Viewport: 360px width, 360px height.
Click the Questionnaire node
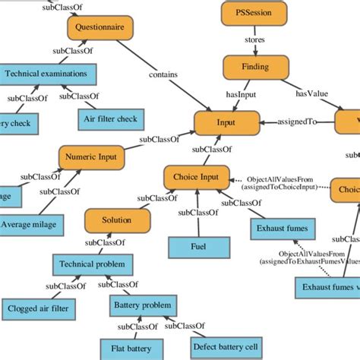click(100, 29)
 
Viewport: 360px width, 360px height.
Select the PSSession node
click(254, 13)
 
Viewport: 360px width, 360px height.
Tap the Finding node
click(254, 67)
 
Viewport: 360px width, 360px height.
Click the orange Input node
click(227, 123)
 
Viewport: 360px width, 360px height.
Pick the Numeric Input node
click(91, 157)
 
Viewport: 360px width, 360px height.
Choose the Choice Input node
click(196, 178)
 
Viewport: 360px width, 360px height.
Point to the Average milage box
click(31, 224)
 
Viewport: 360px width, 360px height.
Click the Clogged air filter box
click(37, 309)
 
